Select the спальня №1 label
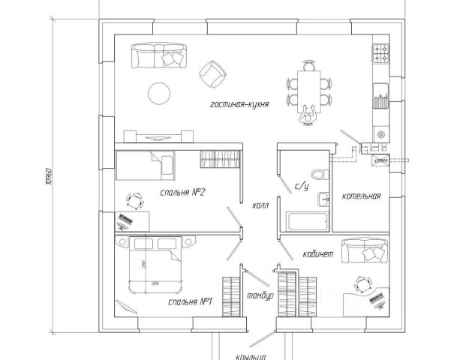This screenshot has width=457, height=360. pyautogui.click(x=192, y=302)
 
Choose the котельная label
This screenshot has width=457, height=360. pyautogui.click(x=362, y=196)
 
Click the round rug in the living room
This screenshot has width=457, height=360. pyautogui.click(x=158, y=93)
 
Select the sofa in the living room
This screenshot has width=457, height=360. pyautogui.click(x=159, y=55)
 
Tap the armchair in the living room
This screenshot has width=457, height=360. pyautogui.click(x=212, y=71)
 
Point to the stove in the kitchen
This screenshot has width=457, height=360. pyautogui.click(x=379, y=53)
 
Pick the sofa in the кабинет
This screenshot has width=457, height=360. pyautogui.click(x=364, y=250)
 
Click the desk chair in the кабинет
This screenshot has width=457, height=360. pyautogui.click(x=363, y=284)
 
